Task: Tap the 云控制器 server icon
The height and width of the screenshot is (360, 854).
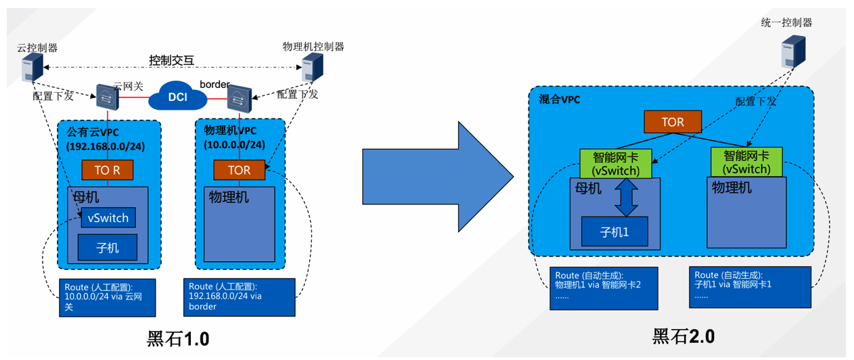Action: tap(32, 68)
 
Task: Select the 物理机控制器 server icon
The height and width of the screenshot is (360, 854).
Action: tap(313, 67)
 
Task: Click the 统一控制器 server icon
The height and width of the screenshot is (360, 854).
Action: tap(793, 51)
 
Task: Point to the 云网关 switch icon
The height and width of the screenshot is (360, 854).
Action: tap(108, 97)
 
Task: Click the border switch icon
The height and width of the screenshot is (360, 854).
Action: tap(240, 99)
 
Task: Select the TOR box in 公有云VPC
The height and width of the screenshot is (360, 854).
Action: tap(108, 170)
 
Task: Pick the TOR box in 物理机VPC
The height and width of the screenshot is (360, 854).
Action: tap(240, 170)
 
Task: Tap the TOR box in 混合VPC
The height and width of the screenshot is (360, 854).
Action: tap(673, 122)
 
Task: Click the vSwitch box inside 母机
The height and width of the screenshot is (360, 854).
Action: tap(108, 217)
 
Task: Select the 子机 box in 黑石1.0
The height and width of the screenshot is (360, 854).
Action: tap(108, 248)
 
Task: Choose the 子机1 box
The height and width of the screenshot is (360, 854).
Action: tap(614, 231)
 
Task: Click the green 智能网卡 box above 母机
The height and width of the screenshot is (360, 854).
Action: tap(616, 164)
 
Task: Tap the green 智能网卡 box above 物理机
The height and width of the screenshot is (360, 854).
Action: tap(747, 162)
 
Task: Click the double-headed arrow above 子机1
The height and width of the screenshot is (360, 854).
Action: tap(627, 197)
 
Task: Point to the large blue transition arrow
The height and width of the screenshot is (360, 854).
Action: tap(438, 177)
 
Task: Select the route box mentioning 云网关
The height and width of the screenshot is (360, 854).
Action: tap(108, 298)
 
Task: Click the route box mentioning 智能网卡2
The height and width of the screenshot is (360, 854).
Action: tap(604, 288)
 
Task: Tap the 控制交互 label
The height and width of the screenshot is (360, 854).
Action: tap(172, 60)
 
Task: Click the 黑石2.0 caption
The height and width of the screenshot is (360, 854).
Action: tap(683, 336)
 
